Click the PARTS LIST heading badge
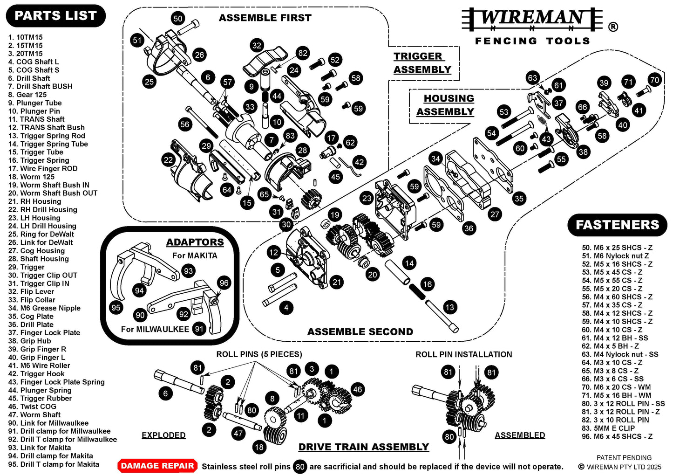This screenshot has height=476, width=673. click(x=55, y=16)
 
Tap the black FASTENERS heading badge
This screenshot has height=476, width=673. click(x=617, y=225)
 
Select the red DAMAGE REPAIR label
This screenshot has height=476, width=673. click(x=157, y=466)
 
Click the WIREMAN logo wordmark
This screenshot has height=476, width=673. click(x=532, y=19)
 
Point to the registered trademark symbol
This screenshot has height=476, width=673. click(x=613, y=27)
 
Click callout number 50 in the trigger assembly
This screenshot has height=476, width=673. click(x=178, y=19)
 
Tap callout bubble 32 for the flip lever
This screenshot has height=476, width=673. click(x=257, y=45)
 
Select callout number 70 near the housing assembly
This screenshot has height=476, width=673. click(x=654, y=80)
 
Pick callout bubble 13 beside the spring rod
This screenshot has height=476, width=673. click(x=449, y=307)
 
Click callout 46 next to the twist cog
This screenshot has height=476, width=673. click(x=357, y=389)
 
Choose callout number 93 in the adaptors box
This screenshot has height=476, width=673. click(x=188, y=271)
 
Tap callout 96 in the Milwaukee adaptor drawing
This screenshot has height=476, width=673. click(x=224, y=283)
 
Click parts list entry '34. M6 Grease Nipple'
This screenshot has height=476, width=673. click(x=45, y=308)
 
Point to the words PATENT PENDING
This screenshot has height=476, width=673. click(x=624, y=458)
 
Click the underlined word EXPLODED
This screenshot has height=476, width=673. click(x=163, y=435)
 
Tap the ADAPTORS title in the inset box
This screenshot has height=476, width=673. click(x=195, y=242)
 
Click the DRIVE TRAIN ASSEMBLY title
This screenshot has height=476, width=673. click(x=363, y=447)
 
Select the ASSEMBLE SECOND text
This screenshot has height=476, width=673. click(x=360, y=332)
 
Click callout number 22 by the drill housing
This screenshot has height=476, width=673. click(x=168, y=160)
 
